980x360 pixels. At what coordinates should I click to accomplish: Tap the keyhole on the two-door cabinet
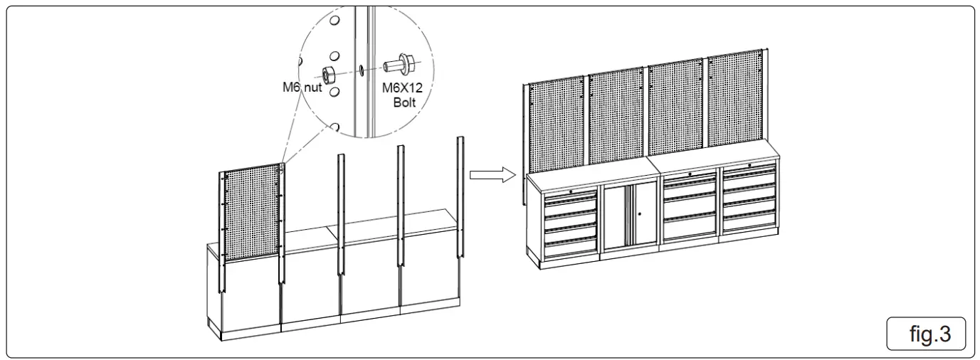639,214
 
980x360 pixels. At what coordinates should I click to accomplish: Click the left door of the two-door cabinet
616,216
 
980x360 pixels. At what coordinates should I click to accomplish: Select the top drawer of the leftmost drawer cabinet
569,197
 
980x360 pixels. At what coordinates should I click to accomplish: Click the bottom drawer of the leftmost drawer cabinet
570,246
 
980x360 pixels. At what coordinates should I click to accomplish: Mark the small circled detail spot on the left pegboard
283,168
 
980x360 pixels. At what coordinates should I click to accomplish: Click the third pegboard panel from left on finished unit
676,110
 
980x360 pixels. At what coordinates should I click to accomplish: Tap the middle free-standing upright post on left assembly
401,206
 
